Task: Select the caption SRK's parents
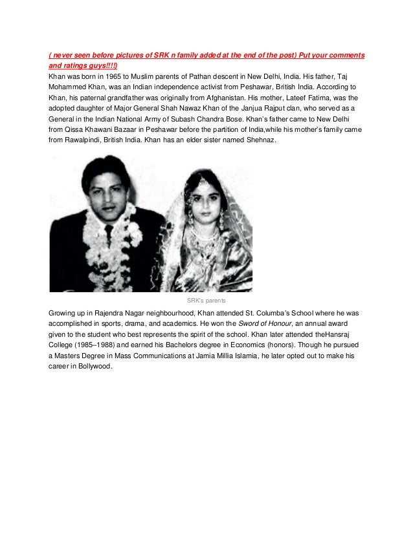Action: point(206,301)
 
